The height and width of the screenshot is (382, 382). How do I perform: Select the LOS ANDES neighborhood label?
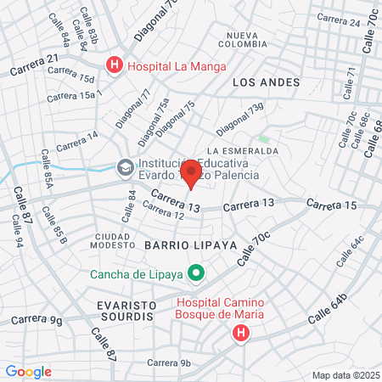(x=266, y=82)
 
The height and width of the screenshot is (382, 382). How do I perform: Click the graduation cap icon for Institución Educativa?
(x=126, y=168)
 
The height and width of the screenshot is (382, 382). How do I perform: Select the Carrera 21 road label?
(x=35, y=65)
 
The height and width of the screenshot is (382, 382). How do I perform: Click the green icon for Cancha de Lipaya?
(x=197, y=273)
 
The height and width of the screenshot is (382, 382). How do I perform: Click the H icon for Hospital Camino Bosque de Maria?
(x=241, y=332)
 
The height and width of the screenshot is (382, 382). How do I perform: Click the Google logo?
(x=28, y=371)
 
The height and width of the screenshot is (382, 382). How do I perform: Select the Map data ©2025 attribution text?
(x=345, y=374)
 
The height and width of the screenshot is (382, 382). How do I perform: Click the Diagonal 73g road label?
(x=240, y=119)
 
